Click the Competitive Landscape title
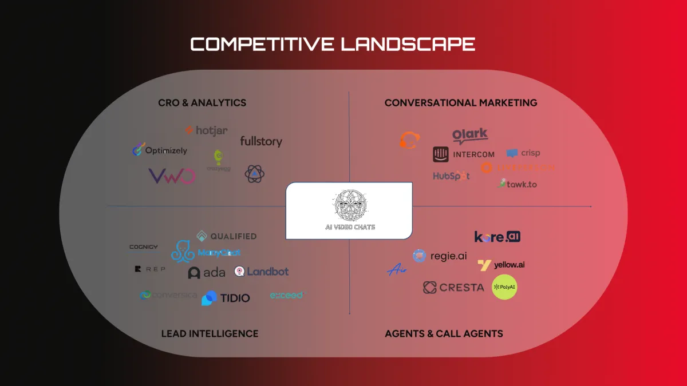(x=333, y=44)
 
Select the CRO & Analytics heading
(x=202, y=103)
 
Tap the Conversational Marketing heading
(x=461, y=103)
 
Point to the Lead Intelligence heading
(x=210, y=333)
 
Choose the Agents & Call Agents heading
(x=444, y=333)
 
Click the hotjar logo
(x=206, y=131)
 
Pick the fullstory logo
(x=261, y=141)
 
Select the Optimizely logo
(x=160, y=150)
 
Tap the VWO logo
(x=172, y=176)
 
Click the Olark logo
(x=470, y=136)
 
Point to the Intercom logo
(x=464, y=154)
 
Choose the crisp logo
(x=523, y=153)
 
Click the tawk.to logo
(x=518, y=184)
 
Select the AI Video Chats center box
(x=349, y=210)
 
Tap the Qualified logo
(x=227, y=236)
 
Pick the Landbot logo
(x=262, y=272)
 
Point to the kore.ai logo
(x=498, y=237)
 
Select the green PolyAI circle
(x=504, y=287)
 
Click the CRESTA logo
(x=453, y=287)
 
